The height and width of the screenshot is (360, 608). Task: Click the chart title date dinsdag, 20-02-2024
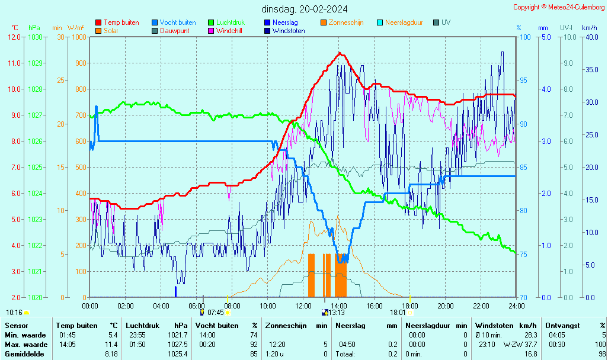pyautogui.click(x=305, y=9)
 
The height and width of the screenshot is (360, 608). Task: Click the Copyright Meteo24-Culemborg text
pyautogui.click(x=559, y=7)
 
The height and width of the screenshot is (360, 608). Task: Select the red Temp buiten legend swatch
pyautogui.click(x=98, y=22)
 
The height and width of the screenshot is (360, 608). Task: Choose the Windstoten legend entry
pyautogui.click(x=289, y=31)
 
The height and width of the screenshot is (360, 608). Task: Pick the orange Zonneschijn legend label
pyautogui.click(x=346, y=22)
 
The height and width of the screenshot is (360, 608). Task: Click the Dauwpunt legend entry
pyautogui.click(x=174, y=31)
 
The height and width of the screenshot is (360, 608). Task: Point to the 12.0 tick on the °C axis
pyautogui.click(x=15, y=37)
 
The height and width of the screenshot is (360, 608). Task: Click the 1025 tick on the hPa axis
pyautogui.click(x=35, y=168)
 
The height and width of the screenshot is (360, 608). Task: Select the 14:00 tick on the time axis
pyautogui.click(x=339, y=306)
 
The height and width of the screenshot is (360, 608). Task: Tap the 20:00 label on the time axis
pyautogui.click(x=446, y=306)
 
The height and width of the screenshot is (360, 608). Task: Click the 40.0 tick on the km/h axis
pyautogui.click(x=590, y=37)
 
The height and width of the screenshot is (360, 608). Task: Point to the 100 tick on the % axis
pyautogui.click(x=524, y=37)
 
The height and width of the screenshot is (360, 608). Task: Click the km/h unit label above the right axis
pyautogui.click(x=589, y=28)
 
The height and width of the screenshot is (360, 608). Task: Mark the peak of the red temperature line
pyautogui.click(x=340, y=53)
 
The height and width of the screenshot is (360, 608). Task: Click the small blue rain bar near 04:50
pyautogui.click(x=175, y=291)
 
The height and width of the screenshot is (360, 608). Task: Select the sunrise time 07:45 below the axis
pyautogui.click(x=215, y=312)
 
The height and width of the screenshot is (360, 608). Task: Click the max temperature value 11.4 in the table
pyautogui.click(x=111, y=345)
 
